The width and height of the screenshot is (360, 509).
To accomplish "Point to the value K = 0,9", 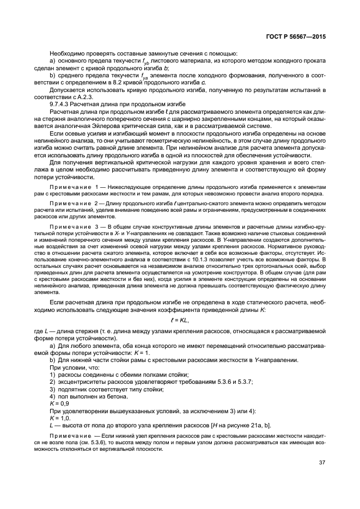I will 59,403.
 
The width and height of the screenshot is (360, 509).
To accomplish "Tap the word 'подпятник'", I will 74,389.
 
